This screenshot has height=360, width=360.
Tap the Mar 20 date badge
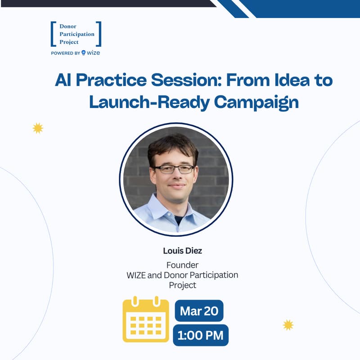pyautogui.click(x=199, y=311)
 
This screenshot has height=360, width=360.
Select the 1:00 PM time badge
pyautogui.click(x=201, y=335)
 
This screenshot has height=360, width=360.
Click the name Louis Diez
pyautogui.click(x=182, y=251)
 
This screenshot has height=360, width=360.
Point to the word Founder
pyautogui.click(x=182, y=265)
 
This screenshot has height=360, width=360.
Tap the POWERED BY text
pyautogui.click(x=65, y=53)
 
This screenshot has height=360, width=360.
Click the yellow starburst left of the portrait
pyautogui.click(x=38, y=128)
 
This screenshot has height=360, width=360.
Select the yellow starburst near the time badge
pyautogui.click(x=288, y=325)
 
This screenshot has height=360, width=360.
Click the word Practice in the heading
pyautogui.click(x=110, y=80)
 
